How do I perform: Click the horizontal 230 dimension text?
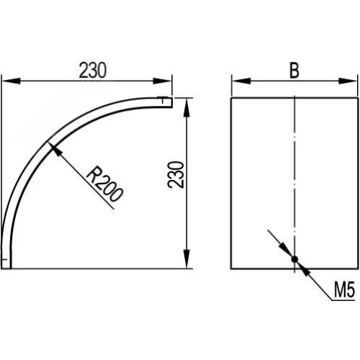coord(93,70)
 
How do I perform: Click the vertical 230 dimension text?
coord(176,175)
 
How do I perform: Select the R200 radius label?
coord(104,184)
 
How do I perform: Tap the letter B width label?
coord(294,71)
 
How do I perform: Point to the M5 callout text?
coord(344,290)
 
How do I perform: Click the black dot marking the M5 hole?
coord(294,259)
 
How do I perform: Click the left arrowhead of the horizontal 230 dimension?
coord(11,81)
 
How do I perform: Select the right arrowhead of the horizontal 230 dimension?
coord(163,81)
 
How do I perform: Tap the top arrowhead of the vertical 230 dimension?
coord(186,107)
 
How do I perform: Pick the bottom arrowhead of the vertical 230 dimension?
coord(186,259)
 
